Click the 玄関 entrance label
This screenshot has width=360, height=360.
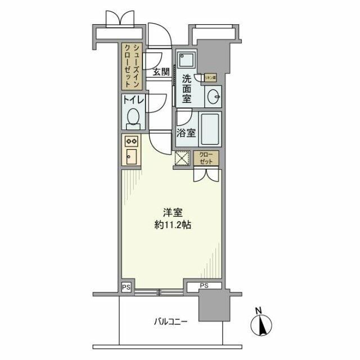(161, 71)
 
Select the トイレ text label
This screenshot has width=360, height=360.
(134, 101)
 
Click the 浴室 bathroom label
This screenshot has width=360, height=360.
(186, 133)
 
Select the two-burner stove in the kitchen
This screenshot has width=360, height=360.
(131, 141)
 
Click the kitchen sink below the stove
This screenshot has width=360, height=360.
(130, 157)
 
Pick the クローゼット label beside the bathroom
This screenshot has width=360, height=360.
(206, 159)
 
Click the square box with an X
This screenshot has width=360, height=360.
(183, 159)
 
